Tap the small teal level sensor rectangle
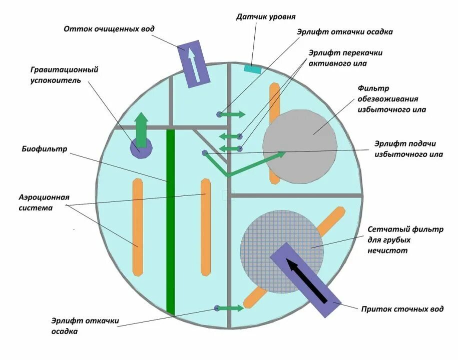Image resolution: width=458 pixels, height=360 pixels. [253, 69]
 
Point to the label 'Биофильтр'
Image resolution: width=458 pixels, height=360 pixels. [45, 148]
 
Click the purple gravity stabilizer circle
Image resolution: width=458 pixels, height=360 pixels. [141, 148]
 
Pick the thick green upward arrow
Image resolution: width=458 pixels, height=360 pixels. [142, 130]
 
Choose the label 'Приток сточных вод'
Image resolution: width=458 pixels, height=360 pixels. [402, 309]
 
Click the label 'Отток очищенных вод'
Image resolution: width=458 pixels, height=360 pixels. [109, 28]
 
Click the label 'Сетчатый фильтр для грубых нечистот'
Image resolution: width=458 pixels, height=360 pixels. [405, 240]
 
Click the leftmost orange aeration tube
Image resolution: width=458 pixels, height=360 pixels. [138, 226]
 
